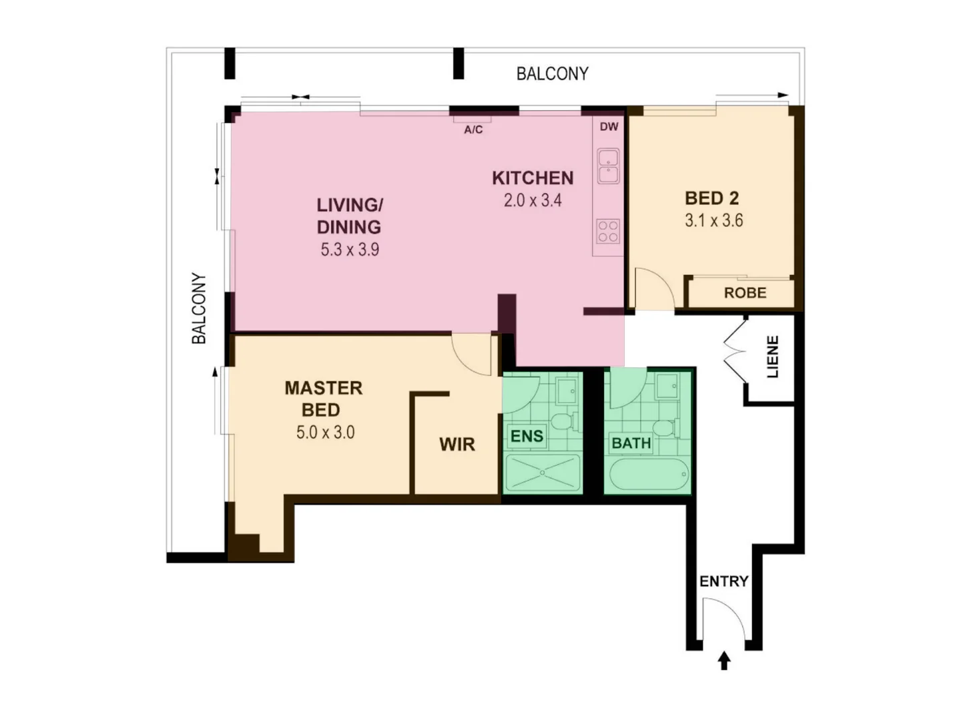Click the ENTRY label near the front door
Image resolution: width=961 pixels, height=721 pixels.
coord(723,581)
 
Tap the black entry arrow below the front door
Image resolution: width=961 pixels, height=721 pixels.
coord(724,661)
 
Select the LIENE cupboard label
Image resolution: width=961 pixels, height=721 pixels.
coord(773,357)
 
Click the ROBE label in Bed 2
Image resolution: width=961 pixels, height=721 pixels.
coord(745,293)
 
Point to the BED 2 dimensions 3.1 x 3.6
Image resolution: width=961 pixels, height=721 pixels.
coord(713,221)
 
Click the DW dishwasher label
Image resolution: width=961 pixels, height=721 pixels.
coord(609,127)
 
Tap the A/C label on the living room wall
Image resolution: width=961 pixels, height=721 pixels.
coord(473,130)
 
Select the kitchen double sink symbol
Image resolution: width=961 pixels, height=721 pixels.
coord(608,166)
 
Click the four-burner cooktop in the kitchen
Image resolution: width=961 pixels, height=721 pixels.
coord(608,231)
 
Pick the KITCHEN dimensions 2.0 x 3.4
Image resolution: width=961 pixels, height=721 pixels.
coord(533,200)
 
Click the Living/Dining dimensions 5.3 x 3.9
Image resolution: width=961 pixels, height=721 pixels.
coord(350,250)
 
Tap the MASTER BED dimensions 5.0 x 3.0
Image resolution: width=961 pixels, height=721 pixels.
coord(325,433)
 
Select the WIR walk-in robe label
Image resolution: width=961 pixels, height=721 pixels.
coord(457,445)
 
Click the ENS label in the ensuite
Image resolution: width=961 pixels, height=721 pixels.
coord(527,437)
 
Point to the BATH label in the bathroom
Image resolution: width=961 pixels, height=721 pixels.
coord(631,443)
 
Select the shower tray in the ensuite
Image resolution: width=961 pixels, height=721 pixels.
coord(543,473)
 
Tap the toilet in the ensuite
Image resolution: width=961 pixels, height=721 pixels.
coord(561,421)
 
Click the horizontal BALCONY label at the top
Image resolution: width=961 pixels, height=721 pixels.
coord(553,73)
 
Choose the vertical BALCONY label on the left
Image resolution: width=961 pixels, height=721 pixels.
coord(199,308)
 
